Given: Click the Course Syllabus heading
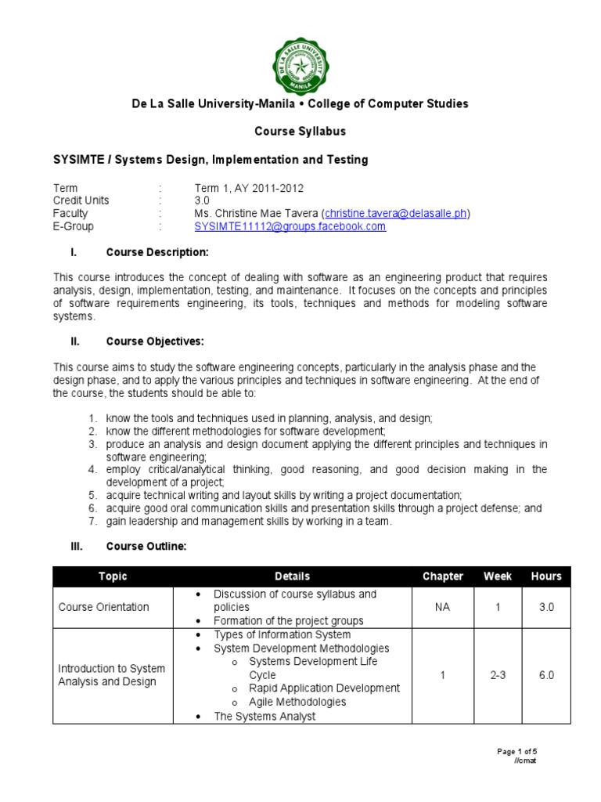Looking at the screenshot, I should [x=300, y=131].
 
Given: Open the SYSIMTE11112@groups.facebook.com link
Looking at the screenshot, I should [x=290, y=226].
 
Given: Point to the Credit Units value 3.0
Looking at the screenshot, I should [x=203, y=200].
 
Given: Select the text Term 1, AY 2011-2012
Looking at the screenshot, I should [x=248, y=188].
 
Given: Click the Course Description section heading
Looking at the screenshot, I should [x=157, y=252].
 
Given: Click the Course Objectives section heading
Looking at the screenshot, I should [x=155, y=341].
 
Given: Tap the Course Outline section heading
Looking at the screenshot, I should [x=146, y=547].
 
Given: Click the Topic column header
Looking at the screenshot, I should [x=113, y=576].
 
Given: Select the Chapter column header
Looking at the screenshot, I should [x=443, y=576].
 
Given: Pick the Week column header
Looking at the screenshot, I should [x=498, y=576].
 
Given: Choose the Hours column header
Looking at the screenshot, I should [x=546, y=576].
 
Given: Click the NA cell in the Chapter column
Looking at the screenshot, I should [x=443, y=607].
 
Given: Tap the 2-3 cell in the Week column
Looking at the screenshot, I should [x=498, y=675].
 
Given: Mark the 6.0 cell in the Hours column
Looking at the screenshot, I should [x=546, y=675].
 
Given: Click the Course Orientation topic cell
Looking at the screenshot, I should [x=103, y=607].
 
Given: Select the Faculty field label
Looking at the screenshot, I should [x=70, y=213].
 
